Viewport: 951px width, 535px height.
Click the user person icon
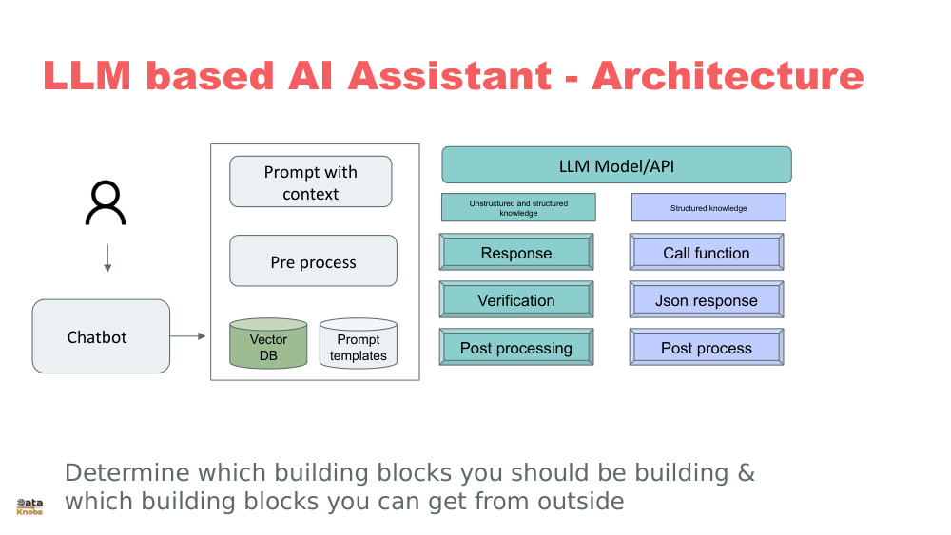point(105,202)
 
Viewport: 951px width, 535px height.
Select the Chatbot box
point(101,336)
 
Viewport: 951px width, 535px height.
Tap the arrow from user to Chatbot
point(107,258)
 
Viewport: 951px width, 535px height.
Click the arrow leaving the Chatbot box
point(188,336)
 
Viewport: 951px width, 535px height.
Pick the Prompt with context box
point(310,182)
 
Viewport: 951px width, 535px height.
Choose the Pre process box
point(313,261)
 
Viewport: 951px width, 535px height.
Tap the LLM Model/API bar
point(616,165)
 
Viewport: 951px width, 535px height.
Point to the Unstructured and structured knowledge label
point(518,208)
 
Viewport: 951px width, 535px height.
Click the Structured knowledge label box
point(708,208)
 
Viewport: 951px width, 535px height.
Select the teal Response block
point(516,253)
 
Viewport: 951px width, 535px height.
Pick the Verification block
point(516,300)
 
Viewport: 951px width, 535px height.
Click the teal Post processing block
point(516,348)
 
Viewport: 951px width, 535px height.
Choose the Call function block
point(707,253)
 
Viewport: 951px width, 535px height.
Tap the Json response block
point(707,300)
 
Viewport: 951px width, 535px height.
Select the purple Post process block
point(707,348)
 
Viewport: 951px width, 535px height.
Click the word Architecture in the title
point(728,76)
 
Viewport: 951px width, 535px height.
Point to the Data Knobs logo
point(29,506)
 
